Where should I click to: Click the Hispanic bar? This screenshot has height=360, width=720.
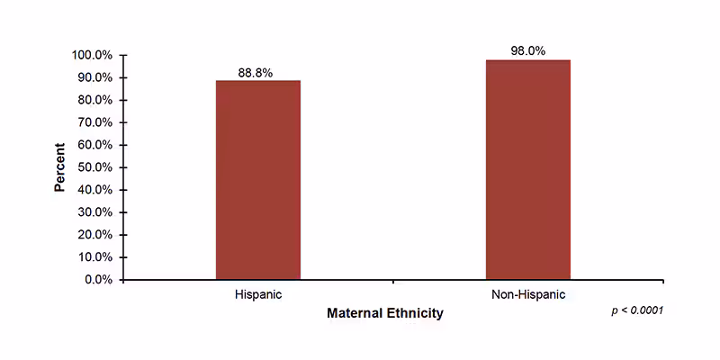click(x=257, y=180)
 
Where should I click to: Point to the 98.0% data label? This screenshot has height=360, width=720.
click(x=527, y=51)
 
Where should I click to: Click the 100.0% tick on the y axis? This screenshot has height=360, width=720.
click(x=92, y=55)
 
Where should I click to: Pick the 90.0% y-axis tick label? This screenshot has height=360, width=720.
click(x=94, y=77)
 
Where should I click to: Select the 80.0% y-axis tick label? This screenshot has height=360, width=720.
click(x=94, y=100)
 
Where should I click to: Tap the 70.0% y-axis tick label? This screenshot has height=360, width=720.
click(x=94, y=122)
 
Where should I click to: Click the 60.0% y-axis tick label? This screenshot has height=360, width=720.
click(x=94, y=145)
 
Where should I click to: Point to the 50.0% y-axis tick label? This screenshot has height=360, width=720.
click(x=94, y=167)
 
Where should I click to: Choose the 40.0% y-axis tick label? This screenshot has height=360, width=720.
click(x=94, y=190)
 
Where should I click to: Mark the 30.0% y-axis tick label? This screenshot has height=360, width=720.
click(x=94, y=212)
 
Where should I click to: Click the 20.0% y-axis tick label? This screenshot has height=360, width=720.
click(x=94, y=235)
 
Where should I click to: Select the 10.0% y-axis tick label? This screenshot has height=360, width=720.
click(x=94, y=257)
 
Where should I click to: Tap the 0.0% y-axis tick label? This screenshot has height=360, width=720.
click(x=98, y=280)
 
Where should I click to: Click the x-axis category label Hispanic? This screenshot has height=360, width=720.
click(x=257, y=295)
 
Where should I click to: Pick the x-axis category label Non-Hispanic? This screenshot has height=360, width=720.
click(x=527, y=295)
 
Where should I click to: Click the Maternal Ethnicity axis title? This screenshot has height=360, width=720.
click(x=384, y=314)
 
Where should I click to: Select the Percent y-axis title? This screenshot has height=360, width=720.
click(x=59, y=167)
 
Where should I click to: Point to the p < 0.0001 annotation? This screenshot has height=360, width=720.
click(x=637, y=310)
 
